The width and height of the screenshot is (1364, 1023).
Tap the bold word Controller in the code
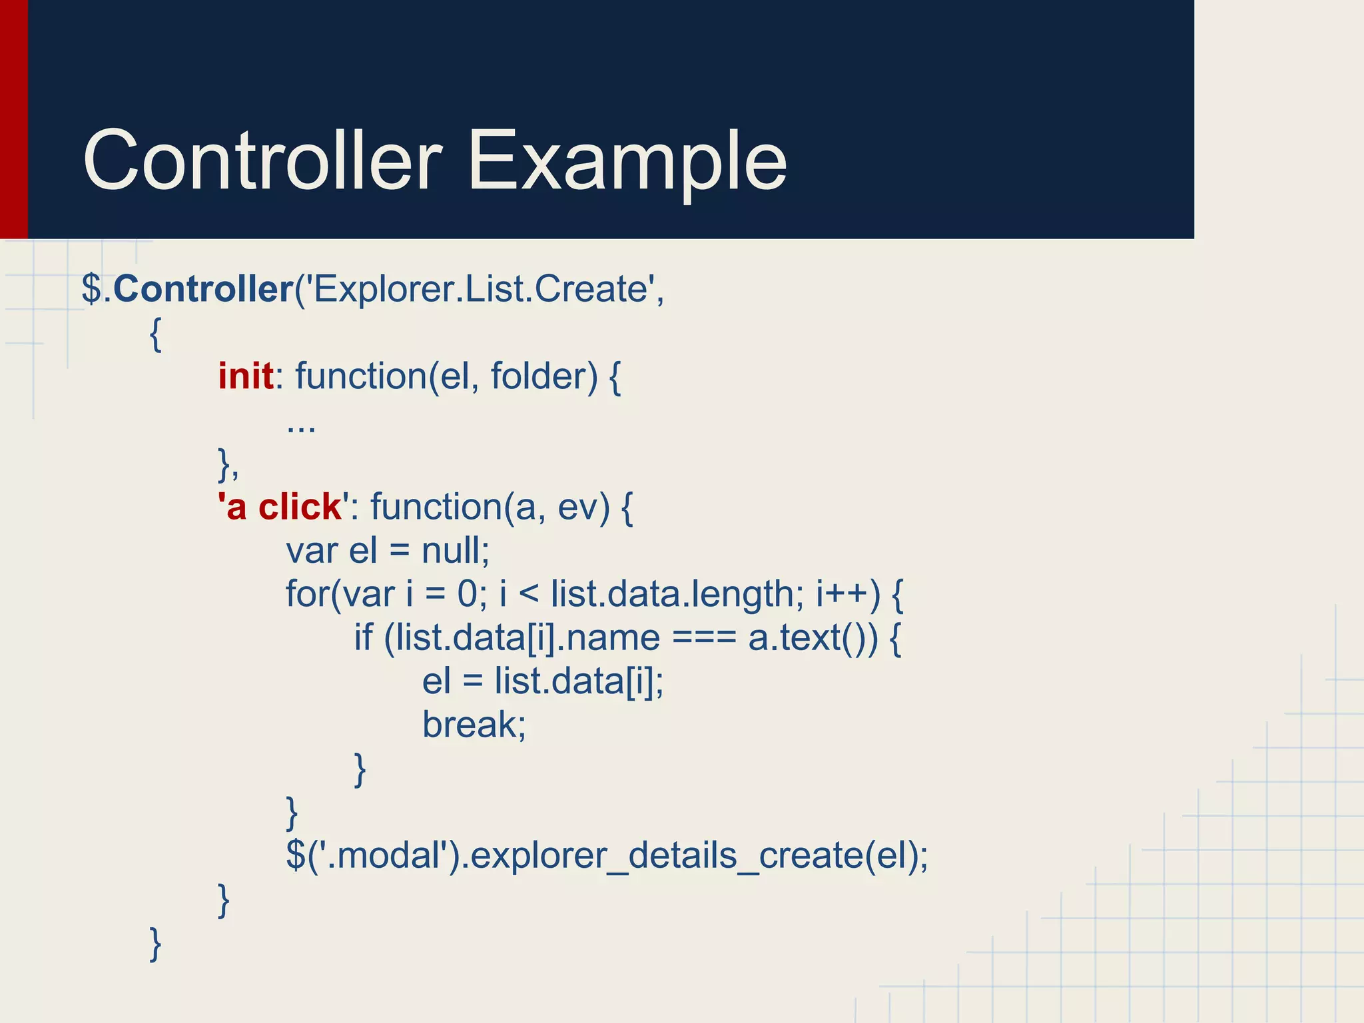[x=203, y=290]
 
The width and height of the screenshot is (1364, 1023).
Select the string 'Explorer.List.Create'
[x=479, y=290]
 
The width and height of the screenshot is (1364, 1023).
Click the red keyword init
[x=246, y=376]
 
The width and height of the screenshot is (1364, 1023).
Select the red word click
[x=300, y=507]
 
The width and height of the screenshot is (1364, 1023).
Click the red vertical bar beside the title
[x=13, y=119]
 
